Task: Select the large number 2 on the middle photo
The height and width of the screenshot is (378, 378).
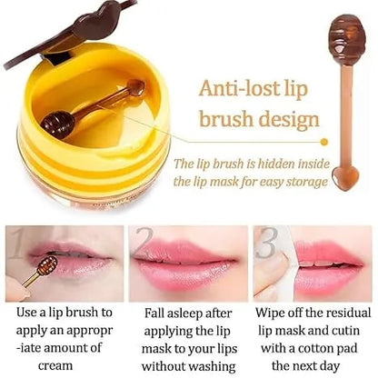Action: tap(143, 244)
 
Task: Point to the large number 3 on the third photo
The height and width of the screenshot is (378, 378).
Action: tap(266, 244)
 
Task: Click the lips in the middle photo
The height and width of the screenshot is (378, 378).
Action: tap(186, 266)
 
